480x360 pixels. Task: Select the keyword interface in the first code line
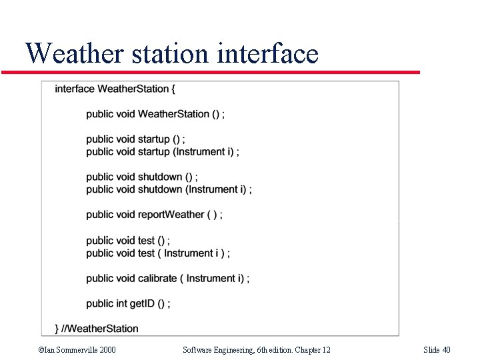75,89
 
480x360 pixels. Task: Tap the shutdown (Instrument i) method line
194,190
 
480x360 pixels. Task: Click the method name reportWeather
170,215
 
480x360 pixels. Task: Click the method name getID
142,304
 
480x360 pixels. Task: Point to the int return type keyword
121,304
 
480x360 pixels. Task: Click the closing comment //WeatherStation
100,329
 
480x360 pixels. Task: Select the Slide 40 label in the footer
437,350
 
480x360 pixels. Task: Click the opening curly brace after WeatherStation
173,89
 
